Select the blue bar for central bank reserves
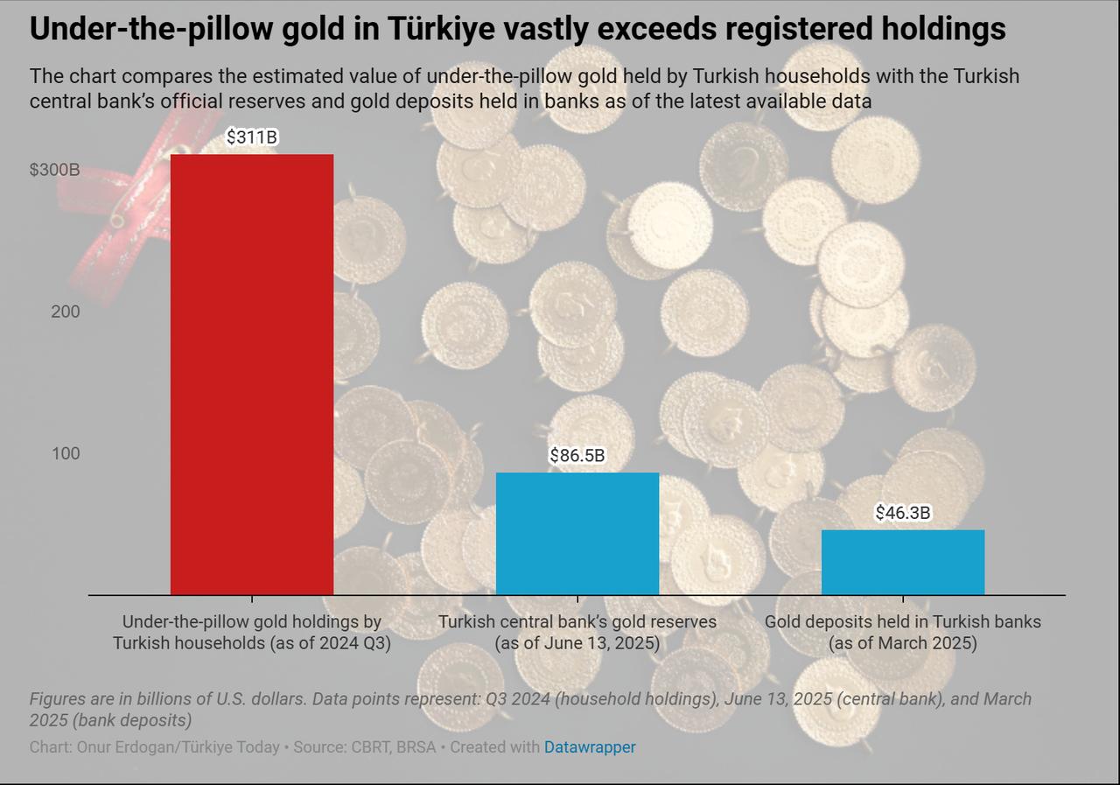[577, 534]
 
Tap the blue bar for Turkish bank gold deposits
[903, 562]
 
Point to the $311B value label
[252, 137]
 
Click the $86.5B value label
[577, 456]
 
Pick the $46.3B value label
[903, 513]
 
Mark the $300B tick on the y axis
[54, 170]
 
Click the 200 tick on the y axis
[65, 312]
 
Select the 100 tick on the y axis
[65, 453]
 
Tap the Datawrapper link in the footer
[590, 747]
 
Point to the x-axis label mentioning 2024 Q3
[252, 633]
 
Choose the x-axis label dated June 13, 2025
[577, 633]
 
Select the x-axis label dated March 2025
[903, 633]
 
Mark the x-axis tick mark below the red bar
[252, 599]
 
